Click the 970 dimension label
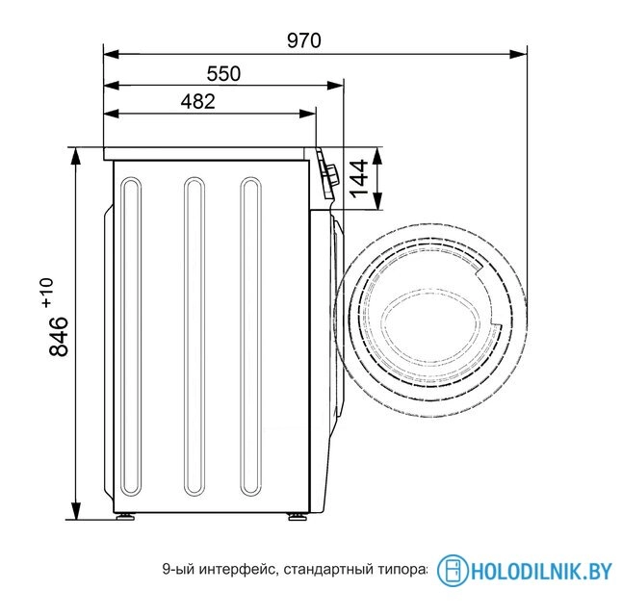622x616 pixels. (304, 40)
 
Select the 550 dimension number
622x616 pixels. (223, 74)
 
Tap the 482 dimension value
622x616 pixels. (198, 101)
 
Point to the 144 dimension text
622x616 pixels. (358, 179)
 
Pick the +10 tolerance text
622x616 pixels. (47, 294)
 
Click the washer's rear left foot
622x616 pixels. (125, 516)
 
